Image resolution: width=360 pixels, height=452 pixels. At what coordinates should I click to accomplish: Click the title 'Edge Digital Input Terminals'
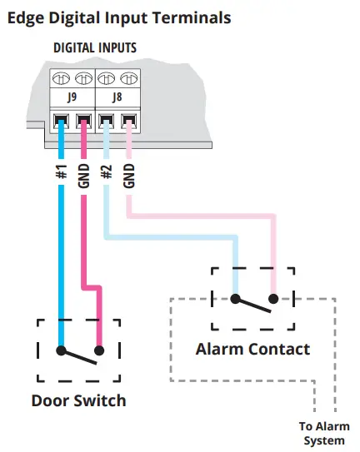(x=119, y=17)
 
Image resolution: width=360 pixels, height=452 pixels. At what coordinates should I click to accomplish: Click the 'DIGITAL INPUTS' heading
(x=95, y=48)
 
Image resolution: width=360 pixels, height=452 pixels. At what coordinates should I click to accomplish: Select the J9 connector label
(x=72, y=98)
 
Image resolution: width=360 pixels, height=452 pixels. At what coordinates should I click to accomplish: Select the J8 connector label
(x=117, y=98)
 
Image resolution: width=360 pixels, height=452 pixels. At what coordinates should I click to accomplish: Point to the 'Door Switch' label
(x=78, y=400)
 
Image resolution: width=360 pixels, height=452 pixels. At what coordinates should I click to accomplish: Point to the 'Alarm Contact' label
(x=252, y=349)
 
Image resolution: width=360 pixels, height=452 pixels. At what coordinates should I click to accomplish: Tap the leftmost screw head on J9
(x=61, y=79)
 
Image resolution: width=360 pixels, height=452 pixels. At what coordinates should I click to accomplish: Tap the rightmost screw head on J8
(x=127, y=79)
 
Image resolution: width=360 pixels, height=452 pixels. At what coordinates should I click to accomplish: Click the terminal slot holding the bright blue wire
(x=61, y=122)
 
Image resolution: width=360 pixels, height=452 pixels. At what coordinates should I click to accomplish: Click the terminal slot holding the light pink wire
(x=127, y=122)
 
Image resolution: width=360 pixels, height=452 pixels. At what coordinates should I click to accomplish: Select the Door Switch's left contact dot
(x=61, y=350)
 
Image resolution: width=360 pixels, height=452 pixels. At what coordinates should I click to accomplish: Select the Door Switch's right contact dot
(x=99, y=350)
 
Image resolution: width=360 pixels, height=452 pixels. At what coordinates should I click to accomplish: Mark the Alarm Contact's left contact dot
(x=234, y=299)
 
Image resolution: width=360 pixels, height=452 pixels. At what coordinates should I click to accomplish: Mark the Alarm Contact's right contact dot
(x=272, y=299)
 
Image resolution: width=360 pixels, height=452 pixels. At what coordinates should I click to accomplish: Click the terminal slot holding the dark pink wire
(x=83, y=122)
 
